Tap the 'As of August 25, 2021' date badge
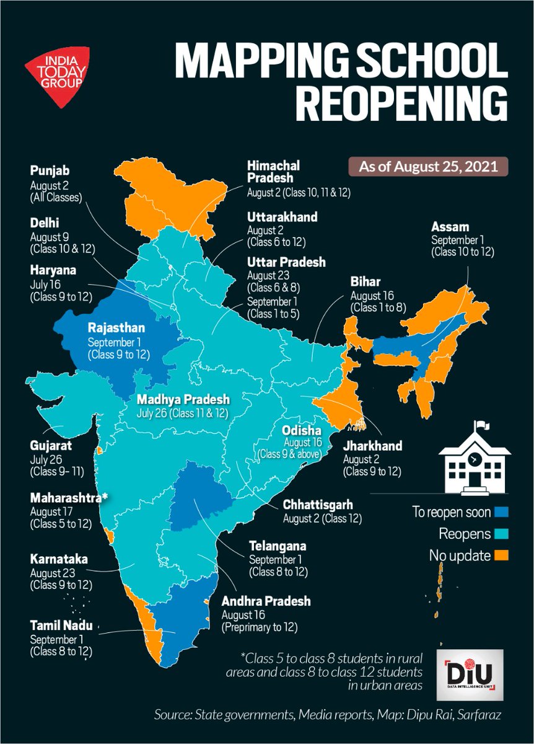427,167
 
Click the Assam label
450,227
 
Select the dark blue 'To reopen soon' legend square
503,512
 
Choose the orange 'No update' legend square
503,556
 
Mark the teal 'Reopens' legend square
503,534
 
